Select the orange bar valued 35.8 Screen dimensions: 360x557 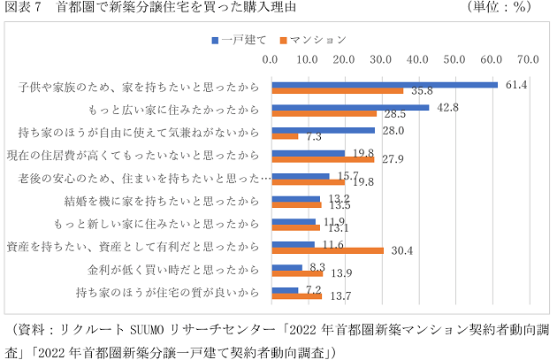tap(337, 91)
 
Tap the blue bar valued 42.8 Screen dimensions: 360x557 tap(350, 108)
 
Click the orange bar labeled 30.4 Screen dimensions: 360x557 tap(327, 250)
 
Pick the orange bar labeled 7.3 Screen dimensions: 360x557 tap(285, 137)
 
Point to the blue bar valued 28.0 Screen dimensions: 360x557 tap(323, 131)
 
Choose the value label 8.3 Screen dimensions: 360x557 tap(318, 265)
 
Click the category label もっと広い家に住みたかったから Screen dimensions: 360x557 tap(174, 111)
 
